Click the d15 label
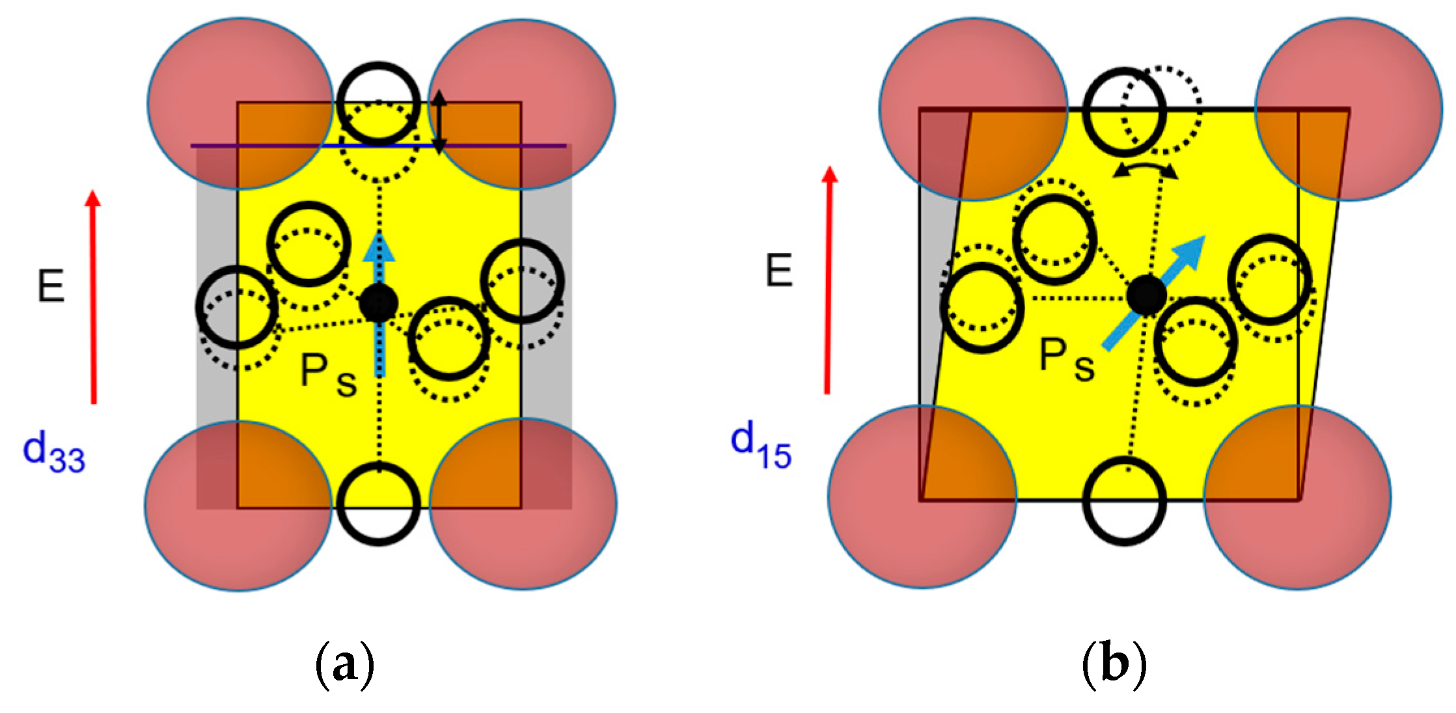(x=760, y=446)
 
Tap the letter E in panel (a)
(x=51, y=286)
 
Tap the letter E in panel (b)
(x=779, y=271)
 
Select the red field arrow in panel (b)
(x=828, y=280)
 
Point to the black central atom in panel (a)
(x=378, y=303)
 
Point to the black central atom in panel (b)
(x=1146, y=295)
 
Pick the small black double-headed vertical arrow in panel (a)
(x=440, y=122)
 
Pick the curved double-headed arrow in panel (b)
(x=1145, y=170)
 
